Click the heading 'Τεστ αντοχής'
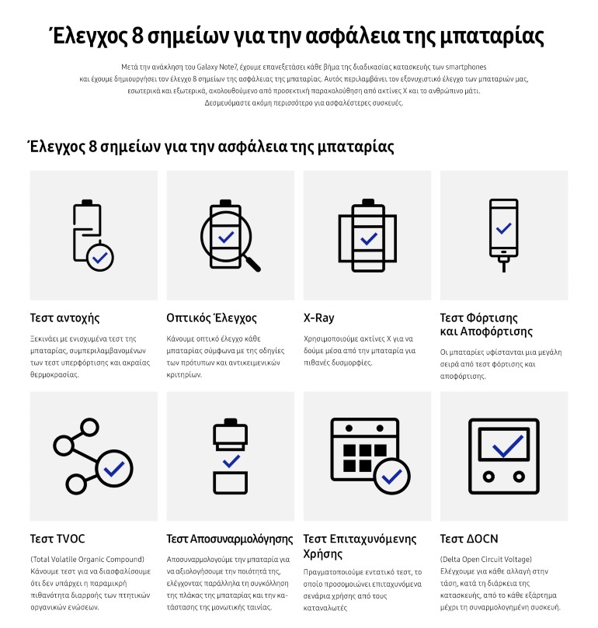(x=64, y=318)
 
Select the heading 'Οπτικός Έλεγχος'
(x=211, y=317)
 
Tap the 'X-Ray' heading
(x=318, y=317)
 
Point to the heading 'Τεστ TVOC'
(x=57, y=539)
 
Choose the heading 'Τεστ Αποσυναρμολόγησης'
(x=230, y=539)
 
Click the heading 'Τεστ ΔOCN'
(x=469, y=539)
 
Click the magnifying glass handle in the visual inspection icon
(x=252, y=263)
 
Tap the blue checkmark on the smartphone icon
(x=503, y=228)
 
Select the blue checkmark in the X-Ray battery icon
(x=369, y=239)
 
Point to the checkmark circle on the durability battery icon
(x=100, y=258)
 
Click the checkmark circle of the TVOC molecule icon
(x=114, y=469)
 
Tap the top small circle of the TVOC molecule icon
(x=89, y=428)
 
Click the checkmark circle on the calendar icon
(x=392, y=476)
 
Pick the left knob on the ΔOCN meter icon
(x=488, y=477)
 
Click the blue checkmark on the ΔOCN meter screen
(x=508, y=446)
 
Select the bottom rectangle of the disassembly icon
(x=230, y=483)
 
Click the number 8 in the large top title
(x=137, y=36)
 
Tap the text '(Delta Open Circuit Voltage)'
(x=485, y=559)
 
